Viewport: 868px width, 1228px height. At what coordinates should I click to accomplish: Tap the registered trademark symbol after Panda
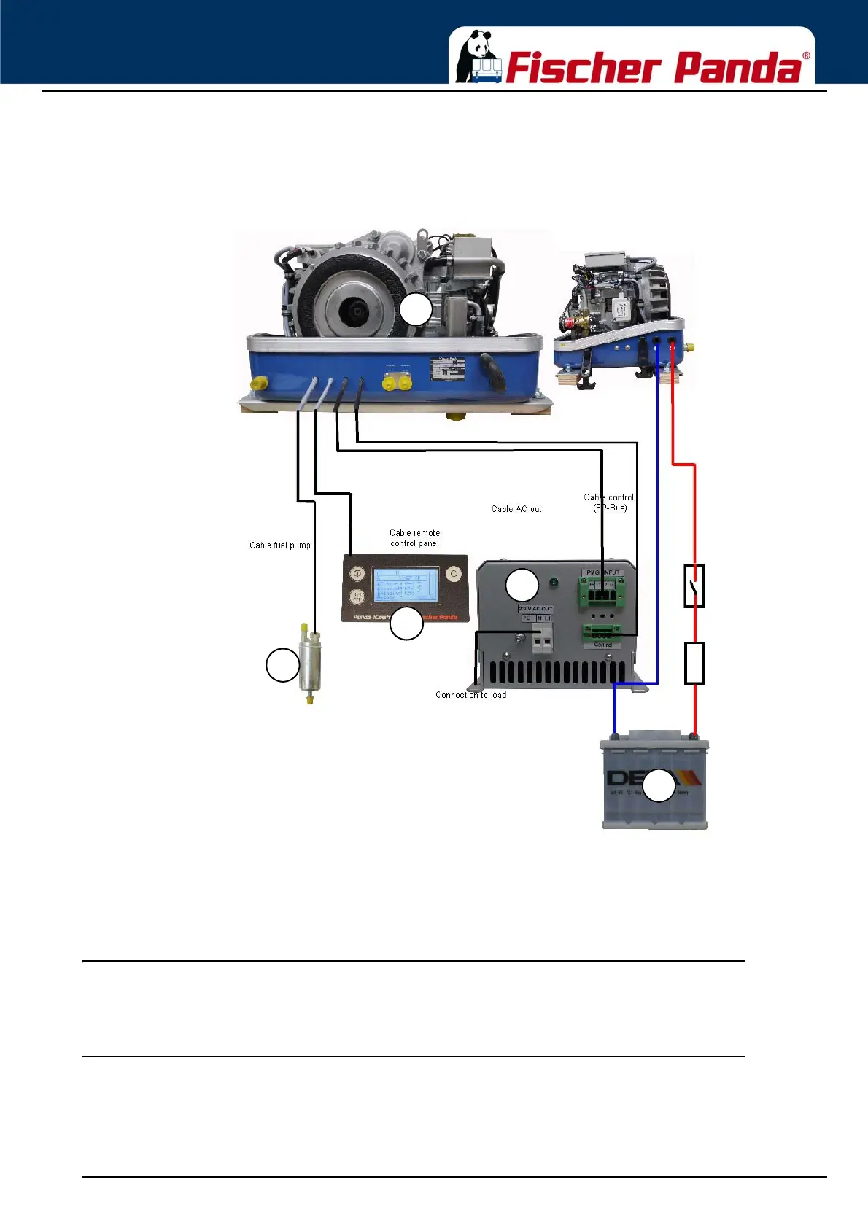[x=806, y=55]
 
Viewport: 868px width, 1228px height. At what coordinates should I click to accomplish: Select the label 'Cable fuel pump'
[x=280, y=545]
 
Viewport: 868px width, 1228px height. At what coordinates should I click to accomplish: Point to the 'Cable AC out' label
[x=516, y=509]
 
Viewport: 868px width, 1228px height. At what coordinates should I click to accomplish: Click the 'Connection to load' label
[x=470, y=695]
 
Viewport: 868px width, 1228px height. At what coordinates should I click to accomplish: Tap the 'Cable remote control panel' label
[x=414, y=538]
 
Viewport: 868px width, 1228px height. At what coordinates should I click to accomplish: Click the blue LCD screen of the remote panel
[x=405, y=586]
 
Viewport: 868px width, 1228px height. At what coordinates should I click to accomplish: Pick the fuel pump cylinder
[x=311, y=664]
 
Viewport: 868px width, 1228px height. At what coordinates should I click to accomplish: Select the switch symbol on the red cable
[x=694, y=586]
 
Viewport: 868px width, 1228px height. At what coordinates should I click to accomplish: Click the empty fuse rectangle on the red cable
[x=694, y=663]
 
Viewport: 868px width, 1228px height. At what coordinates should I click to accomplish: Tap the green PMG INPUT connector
[x=602, y=588]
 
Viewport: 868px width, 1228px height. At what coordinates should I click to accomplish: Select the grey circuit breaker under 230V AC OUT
[x=540, y=640]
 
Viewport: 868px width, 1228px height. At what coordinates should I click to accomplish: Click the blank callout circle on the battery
[x=659, y=785]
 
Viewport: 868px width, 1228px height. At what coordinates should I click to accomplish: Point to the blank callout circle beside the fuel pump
[x=282, y=665]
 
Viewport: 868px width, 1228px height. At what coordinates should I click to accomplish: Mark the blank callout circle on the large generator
[x=416, y=310]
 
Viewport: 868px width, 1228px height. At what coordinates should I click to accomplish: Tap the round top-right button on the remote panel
[x=454, y=573]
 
